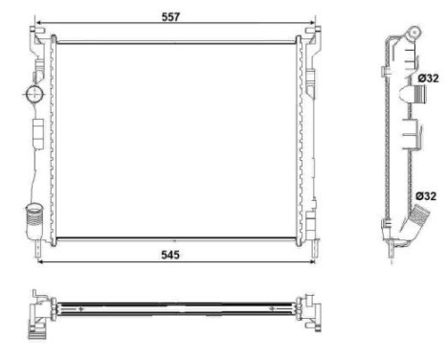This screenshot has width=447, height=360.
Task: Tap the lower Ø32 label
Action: [426, 196]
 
